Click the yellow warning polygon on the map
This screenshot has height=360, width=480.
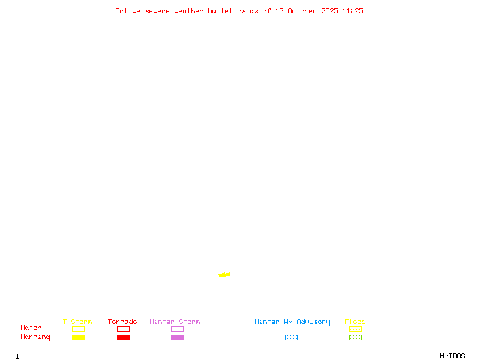click(x=224, y=275)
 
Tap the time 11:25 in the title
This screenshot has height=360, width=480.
click(x=353, y=11)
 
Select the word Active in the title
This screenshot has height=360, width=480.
click(x=128, y=11)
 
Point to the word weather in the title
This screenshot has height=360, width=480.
click(x=189, y=11)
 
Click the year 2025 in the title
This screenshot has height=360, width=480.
click(x=330, y=11)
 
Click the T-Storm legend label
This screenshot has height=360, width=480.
click(x=77, y=322)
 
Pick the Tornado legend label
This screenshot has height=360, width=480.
click(x=122, y=322)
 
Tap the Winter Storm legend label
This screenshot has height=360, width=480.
click(x=175, y=322)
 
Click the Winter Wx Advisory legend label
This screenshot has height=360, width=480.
click(x=292, y=322)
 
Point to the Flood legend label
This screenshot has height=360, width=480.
click(x=355, y=322)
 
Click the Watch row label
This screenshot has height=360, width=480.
click(x=31, y=328)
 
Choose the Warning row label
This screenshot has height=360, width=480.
click(x=35, y=337)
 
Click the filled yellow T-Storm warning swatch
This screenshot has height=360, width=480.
click(x=78, y=338)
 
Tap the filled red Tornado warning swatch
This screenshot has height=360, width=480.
click(x=123, y=338)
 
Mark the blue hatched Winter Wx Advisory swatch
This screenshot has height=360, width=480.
click(x=291, y=338)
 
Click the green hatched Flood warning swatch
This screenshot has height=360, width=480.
click(x=355, y=338)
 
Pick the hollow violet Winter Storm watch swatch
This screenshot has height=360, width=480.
click(x=177, y=329)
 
